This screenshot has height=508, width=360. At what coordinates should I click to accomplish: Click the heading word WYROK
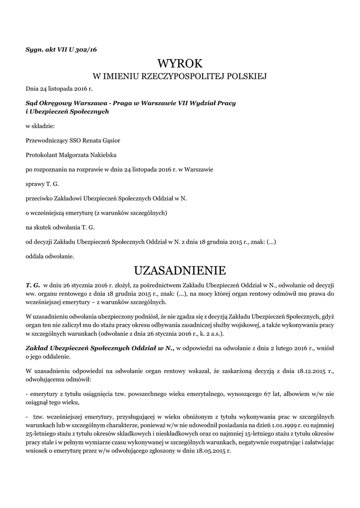[180, 63]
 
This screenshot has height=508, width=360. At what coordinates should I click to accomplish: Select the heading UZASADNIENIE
[180, 271]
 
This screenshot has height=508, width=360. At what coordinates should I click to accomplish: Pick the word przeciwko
[39, 198]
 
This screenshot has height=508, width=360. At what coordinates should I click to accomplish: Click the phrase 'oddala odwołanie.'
[50, 256]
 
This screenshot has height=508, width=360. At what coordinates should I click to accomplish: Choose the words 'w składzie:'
[40, 126]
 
